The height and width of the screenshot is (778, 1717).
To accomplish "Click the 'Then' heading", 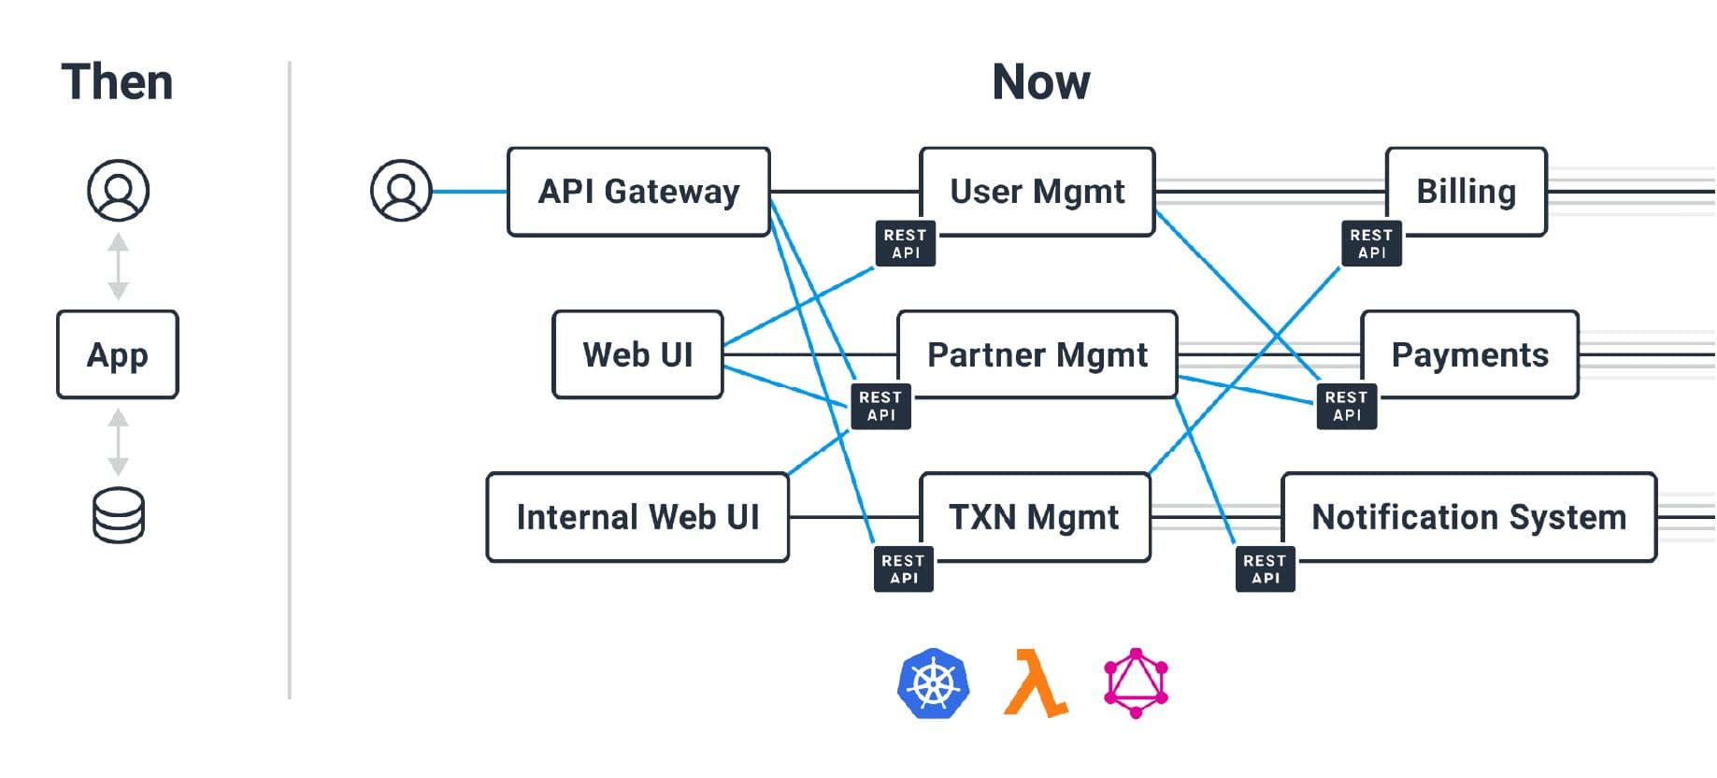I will click(x=117, y=82).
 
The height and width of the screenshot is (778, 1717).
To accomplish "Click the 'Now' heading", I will click(x=1040, y=82).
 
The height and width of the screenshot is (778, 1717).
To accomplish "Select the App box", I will click(x=118, y=355).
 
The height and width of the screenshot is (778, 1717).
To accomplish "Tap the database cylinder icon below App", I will click(x=119, y=515).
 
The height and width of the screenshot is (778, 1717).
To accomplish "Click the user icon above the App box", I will click(x=118, y=190).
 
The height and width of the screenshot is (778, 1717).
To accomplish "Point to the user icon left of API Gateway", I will click(x=401, y=191).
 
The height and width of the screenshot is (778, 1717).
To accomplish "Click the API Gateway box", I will click(x=638, y=192).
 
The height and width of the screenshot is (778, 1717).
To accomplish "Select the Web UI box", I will click(x=637, y=355).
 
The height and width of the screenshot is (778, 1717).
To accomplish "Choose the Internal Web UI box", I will click(x=637, y=517).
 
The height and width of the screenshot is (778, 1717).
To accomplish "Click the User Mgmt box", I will click(x=1037, y=192).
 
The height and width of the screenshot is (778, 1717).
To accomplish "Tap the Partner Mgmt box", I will click(x=1037, y=355).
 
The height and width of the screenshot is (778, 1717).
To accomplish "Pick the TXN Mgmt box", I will click(x=1034, y=517).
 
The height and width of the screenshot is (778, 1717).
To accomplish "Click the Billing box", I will click(x=1466, y=192).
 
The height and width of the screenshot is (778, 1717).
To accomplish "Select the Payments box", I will click(x=1469, y=355).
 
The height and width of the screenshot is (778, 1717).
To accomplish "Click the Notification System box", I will click(x=1468, y=517).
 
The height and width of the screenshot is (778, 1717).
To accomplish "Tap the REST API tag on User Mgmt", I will click(x=905, y=244).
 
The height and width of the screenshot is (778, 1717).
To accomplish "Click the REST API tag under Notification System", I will click(x=1265, y=569).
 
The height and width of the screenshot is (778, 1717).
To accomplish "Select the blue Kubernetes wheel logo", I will click(x=933, y=684).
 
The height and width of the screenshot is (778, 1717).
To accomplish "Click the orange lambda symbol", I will click(x=1035, y=684).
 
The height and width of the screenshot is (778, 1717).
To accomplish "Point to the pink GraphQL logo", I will click(x=1136, y=684).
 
